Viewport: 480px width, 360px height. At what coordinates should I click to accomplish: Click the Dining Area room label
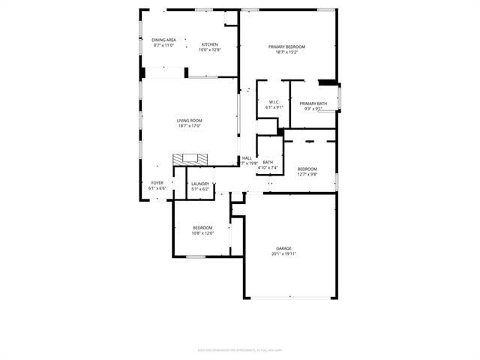coord(163,40)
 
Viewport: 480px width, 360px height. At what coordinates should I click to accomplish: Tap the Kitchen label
coord(210,44)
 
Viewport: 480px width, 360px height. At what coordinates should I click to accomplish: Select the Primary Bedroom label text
coord(286,46)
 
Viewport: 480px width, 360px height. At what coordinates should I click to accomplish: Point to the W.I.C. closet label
coord(274,103)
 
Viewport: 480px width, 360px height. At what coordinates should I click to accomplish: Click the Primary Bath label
coord(313,103)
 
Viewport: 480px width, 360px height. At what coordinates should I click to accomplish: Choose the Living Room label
coord(189,121)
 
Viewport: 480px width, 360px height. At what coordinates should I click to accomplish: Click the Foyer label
coord(157,183)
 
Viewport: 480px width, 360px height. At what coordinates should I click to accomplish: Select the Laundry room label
coord(199,184)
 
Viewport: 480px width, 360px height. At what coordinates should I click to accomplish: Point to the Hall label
coord(247,157)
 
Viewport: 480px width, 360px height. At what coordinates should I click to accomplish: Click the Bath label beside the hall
coord(268,162)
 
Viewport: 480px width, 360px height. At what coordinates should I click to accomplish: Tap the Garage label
coord(283,248)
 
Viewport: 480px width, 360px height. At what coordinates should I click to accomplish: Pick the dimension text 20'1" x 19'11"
coord(283,253)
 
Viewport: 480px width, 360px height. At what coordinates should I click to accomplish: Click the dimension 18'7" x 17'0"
coord(189,126)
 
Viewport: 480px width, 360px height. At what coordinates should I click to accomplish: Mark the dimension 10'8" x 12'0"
coord(202,233)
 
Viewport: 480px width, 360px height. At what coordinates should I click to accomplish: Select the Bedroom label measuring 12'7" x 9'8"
coord(307,169)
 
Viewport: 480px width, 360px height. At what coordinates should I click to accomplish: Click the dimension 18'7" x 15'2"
coord(286,52)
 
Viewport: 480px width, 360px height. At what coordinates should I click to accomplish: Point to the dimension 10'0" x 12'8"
coord(210,49)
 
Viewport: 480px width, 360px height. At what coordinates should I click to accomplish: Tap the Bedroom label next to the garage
coord(202,228)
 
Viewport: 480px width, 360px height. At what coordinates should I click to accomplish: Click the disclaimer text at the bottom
coord(240,349)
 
